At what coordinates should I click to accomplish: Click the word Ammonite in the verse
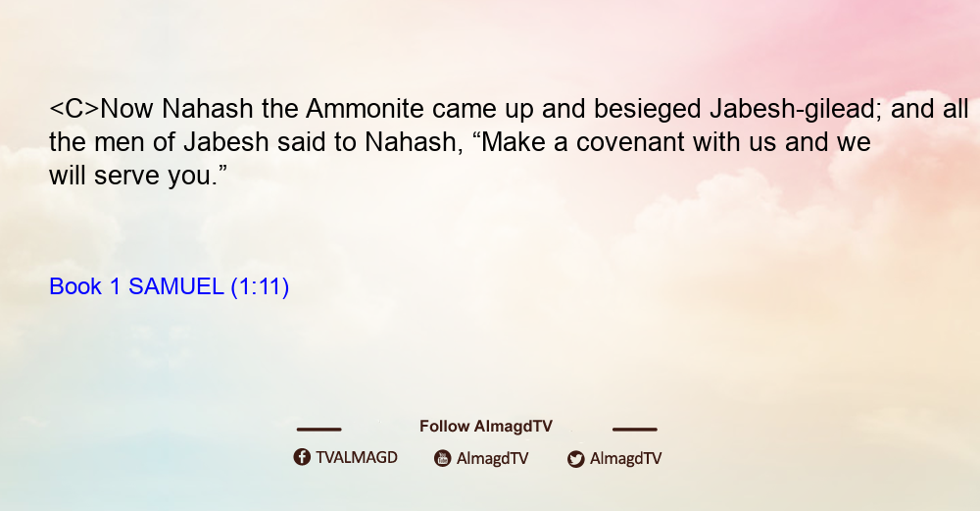pyautogui.click(x=365, y=109)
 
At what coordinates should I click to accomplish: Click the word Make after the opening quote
pyautogui.click(x=515, y=142)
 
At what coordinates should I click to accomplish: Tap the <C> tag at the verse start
pyautogui.click(x=74, y=109)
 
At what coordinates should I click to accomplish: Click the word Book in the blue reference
pyautogui.click(x=75, y=286)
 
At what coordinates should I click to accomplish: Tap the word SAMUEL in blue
pyautogui.click(x=175, y=286)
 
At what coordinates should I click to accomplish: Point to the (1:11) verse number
pyautogui.click(x=260, y=287)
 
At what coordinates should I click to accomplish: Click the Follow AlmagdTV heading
pyautogui.click(x=486, y=427)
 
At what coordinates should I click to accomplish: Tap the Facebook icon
pyautogui.click(x=302, y=457)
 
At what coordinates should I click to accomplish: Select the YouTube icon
pyautogui.click(x=443, y=458)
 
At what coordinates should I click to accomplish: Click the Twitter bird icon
pyautogui.click(x=575, y=459)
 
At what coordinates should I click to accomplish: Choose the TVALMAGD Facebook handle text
pyautogui.click(x=357, y=458)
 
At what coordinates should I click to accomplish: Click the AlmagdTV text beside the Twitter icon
pyautogui.click(x=625, y=459)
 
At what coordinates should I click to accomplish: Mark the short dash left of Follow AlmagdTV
pyautogui.click(x=318, y=430)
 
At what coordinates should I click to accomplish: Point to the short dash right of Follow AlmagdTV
pyautogui.click(x=635, y=430)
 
